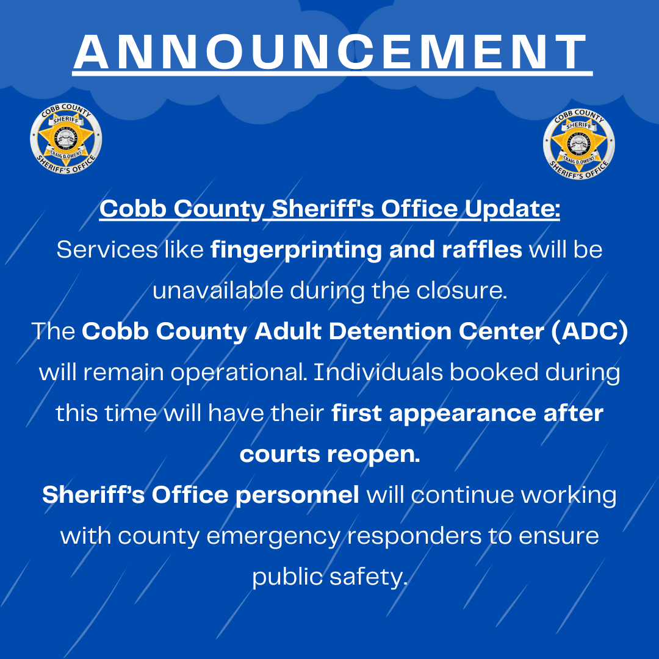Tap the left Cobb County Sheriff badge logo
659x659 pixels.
[66, 139]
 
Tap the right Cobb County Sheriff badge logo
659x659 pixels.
[578, 144]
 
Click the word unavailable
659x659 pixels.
[218, 290]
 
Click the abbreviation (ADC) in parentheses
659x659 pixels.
[589, 331]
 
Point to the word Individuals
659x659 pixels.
[378, 372]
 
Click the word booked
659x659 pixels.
[494, 372]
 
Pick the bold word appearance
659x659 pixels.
[463, 414]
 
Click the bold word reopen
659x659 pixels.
[373, 455]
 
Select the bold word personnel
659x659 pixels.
[297, 495]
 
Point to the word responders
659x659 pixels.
[414, 536]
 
